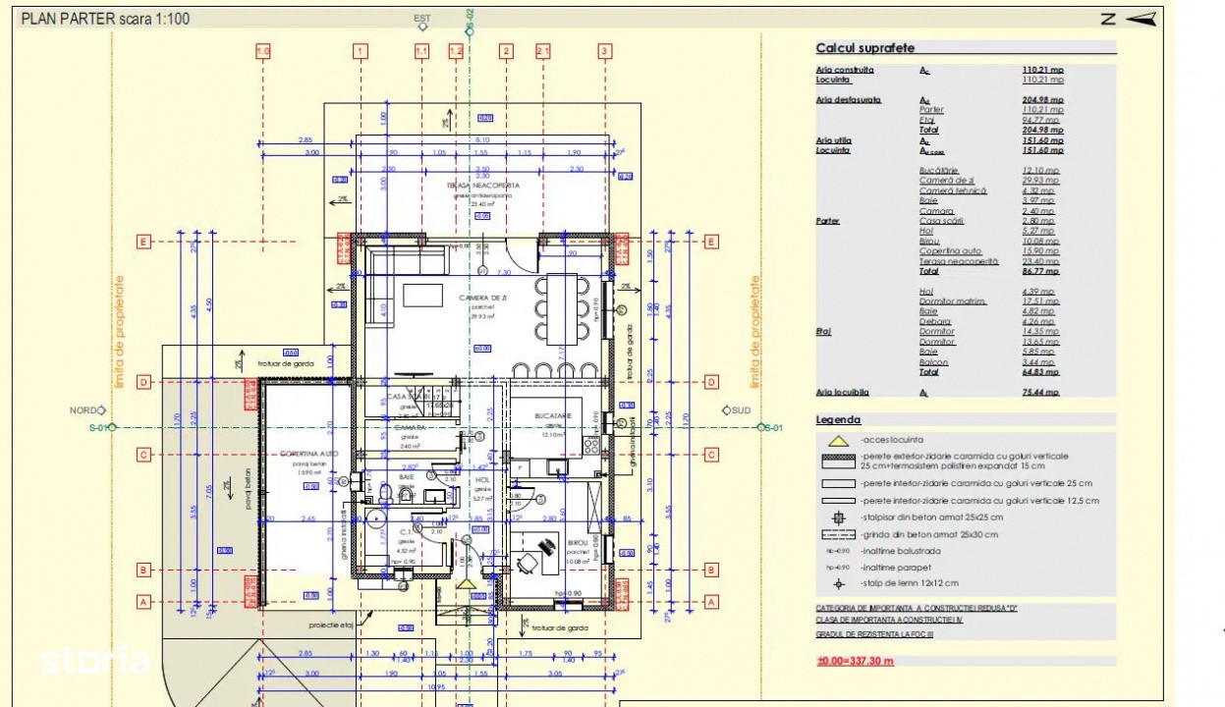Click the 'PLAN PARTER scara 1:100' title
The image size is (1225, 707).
106,18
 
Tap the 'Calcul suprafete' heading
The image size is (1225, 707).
865,48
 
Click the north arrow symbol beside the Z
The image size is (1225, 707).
1141,18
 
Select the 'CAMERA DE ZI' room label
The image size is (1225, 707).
481,297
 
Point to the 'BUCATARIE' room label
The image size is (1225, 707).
553,416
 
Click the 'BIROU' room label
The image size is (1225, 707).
578,541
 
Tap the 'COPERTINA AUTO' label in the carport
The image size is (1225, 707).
309,454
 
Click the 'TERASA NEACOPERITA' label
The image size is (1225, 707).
483,185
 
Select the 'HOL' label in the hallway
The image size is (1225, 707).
482,480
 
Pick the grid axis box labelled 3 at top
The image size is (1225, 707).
604,51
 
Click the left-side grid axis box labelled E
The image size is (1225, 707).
143,242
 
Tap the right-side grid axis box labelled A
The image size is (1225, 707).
711,602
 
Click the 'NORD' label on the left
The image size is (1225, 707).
83,410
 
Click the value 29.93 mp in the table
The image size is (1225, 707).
1042,181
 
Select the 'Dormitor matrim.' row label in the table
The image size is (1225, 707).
952,301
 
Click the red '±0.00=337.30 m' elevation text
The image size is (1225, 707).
856,661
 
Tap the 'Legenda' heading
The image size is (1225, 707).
838,419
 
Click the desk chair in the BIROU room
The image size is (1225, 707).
528,563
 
